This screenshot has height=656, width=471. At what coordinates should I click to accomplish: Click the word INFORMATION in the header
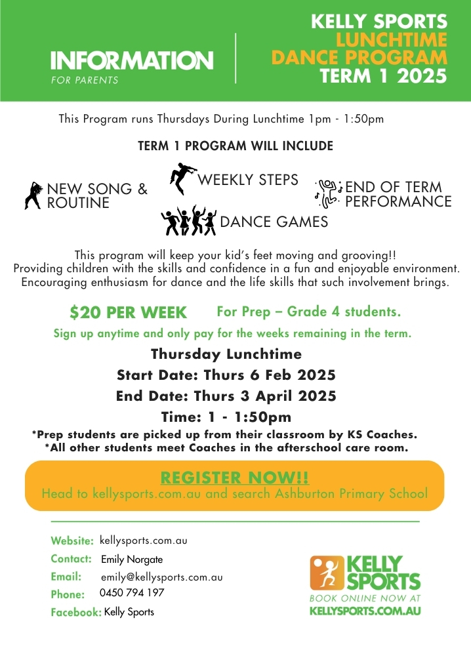click(x=132, y=61)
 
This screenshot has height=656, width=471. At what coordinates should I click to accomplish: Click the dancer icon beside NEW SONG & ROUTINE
click(x=33, y=194)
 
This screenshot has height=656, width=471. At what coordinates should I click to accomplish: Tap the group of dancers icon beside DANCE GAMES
click(x=188, y=221)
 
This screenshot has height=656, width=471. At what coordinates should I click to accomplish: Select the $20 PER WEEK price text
click(x=129, y=312)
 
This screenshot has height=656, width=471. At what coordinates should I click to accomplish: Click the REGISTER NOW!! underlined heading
click(x=235, y=477)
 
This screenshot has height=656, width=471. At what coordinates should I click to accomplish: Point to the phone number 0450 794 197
click(x=132, y=593)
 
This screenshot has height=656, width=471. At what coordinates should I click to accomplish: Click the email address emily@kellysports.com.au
click(x=161, y=577)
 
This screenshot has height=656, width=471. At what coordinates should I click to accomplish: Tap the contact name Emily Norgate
click(x=132, y=560)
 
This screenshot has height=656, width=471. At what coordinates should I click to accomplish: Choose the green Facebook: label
click(x=75, y=613)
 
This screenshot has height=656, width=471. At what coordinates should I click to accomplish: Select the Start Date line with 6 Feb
click(x=226, y=375)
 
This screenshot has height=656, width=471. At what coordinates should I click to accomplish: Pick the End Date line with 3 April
click(x=226, y=396)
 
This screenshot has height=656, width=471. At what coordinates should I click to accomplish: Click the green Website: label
click(x=72, y=541)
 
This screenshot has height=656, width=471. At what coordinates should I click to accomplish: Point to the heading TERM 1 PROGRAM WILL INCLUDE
click(x=235, y=146)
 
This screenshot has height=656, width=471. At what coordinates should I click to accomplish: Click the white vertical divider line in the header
click(x=235, y=58)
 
